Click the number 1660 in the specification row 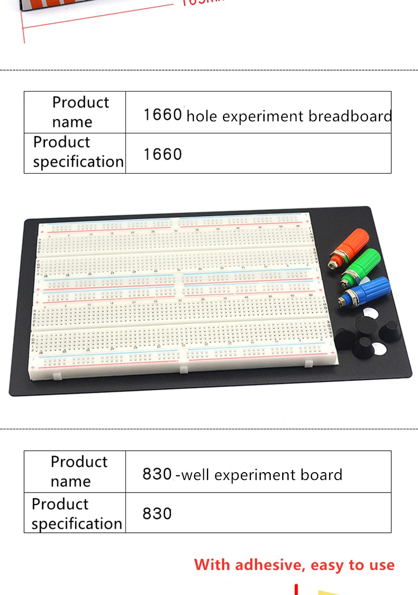tap(162, 154)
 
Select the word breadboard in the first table tap(350, 116)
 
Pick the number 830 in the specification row tap(157, 513)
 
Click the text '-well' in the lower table tap(193, 475)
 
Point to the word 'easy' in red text tap(328, 565)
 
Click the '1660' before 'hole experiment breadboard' tap(162, 114)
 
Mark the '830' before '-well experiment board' tap(157, 474)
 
